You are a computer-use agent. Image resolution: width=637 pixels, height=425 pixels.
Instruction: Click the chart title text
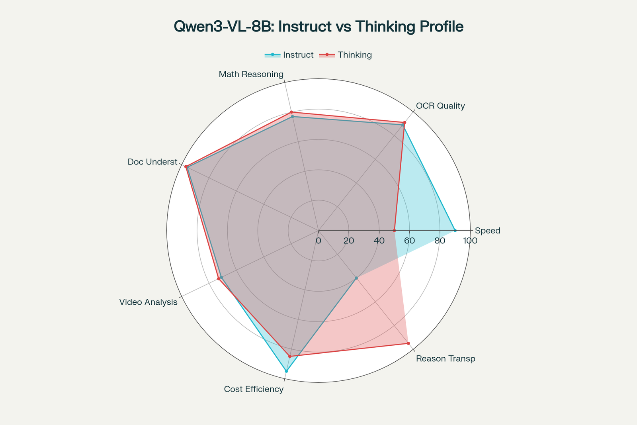(318, 27)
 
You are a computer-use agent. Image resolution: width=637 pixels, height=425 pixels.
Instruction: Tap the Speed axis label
(487, 231)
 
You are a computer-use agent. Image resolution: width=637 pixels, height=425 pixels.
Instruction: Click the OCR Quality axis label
(440, 106)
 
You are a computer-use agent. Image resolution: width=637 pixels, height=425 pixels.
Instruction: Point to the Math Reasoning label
(251, 74)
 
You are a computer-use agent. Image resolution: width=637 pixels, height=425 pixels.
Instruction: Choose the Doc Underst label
(152, 162)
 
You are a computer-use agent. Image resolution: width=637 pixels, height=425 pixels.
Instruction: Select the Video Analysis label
(149, 302)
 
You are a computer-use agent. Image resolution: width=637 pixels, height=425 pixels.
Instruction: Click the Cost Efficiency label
(254, 390)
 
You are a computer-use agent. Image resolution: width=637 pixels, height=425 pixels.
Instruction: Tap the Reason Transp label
(446, 359)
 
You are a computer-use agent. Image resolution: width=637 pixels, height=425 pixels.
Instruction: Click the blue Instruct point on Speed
(455, 231)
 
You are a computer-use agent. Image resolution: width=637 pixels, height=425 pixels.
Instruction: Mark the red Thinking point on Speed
(394, 231)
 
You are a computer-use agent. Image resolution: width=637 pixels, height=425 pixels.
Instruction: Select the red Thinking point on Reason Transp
(408, 343)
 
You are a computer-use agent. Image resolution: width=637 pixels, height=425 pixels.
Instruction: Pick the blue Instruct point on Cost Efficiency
(286, 371)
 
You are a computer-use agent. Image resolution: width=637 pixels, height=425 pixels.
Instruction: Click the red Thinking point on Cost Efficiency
(289, 356)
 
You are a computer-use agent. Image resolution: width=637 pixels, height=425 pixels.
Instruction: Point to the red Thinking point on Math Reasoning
(291, 112)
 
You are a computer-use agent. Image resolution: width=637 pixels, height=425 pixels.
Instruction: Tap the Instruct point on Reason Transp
(356, 278)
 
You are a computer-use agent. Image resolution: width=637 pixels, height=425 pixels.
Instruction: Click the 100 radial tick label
(470, 241)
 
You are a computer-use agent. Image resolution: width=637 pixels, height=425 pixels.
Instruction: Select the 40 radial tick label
(379, 241)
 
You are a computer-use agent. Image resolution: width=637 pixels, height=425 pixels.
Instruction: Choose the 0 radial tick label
(318, 241)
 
